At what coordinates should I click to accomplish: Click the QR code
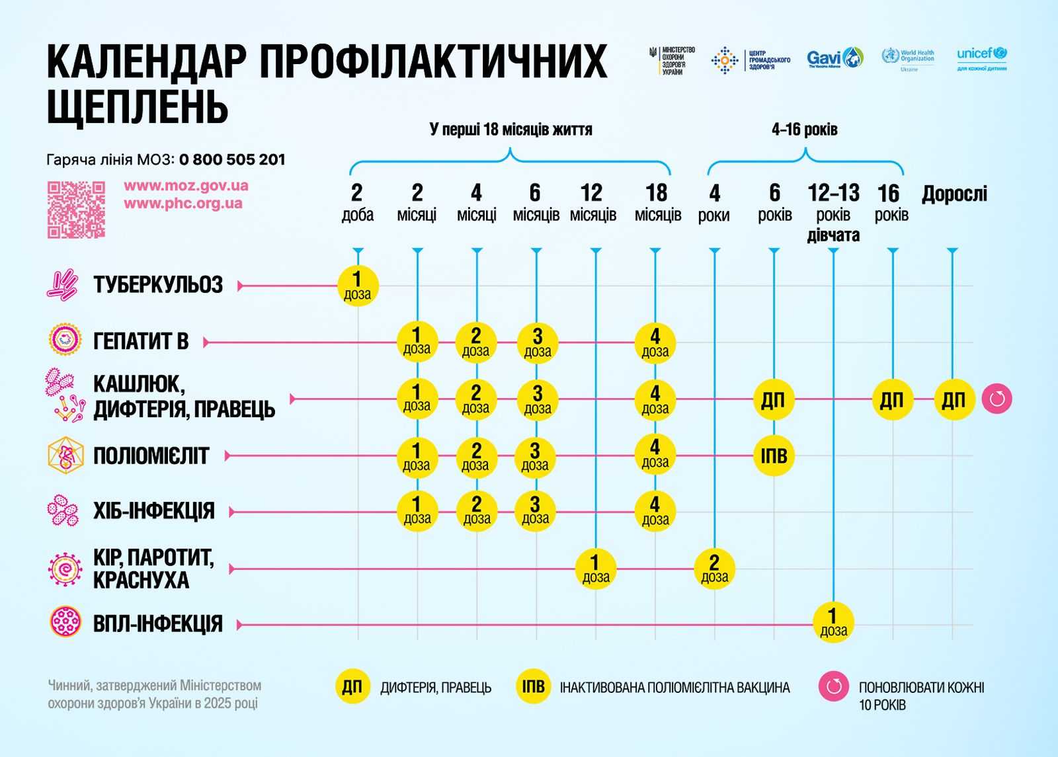point(76,210)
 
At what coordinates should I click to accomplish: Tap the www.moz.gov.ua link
point(186,186)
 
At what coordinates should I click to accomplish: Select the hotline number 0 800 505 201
point(232,159)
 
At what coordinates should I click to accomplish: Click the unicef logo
point(982,58)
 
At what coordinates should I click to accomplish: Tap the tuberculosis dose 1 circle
point(358,286)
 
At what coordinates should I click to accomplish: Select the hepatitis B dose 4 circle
point(655,342)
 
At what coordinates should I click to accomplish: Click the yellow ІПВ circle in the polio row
point(774,456)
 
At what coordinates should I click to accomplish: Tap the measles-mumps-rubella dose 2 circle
point(714,569)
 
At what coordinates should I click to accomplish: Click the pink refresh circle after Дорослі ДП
point(997,399)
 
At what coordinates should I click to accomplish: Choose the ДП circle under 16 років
point(892,399)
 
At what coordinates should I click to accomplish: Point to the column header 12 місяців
point(592,203)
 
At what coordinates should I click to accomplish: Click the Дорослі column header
point(954,194)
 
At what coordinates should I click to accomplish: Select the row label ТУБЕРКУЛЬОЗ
point(158,285)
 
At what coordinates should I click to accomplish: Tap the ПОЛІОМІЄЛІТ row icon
point(65,456)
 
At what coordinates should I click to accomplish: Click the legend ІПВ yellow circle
point(533,686)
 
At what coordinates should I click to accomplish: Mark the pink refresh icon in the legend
point(834,686)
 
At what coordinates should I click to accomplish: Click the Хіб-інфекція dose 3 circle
point(536,511)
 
